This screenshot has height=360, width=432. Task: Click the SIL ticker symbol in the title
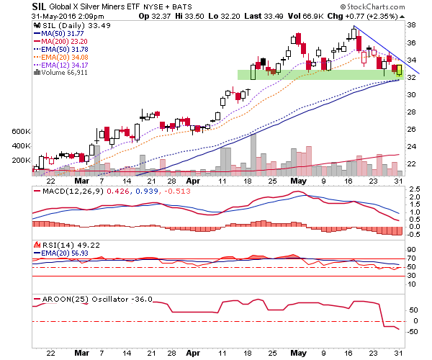pyautogui.click(x=39, y=6)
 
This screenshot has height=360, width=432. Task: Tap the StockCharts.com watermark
pyautogui.click(x=372, y=6)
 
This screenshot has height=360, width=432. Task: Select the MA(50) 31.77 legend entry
pyautogui.click(x=59, y=34)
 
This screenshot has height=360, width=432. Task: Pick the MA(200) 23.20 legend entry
pyautogui.click(x=60, y=42)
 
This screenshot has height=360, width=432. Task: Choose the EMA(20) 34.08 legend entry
pyautogui.click(x=60, y=58)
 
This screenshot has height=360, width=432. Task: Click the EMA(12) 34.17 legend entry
pyautogui.click(x=60, y=66)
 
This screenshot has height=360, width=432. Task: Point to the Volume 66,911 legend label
pyautogui.click(x=60, y=73)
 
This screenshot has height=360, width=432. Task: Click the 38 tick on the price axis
pyautogui.click(x=411, y=25)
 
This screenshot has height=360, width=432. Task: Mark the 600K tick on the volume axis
pyautogui.click(x=21, y=132)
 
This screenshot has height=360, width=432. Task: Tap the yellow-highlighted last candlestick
pyautogui.click(x=399, y=71)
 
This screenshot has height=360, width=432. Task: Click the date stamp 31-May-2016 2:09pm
pyautogui.click(x=68, y=17)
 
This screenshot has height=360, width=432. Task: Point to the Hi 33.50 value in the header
pyautogui.click(x=189, y=17)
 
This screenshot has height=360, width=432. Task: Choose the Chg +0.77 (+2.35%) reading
pyautogui.click(x=362, y=17)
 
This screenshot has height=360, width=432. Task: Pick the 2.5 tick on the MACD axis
pyautogui.click(x=415, y=189)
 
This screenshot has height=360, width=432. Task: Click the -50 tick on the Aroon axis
pyautogui.click(x=413, y=332)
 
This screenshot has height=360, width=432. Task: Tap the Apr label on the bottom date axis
pyautogui.click(x=193, y=353)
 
